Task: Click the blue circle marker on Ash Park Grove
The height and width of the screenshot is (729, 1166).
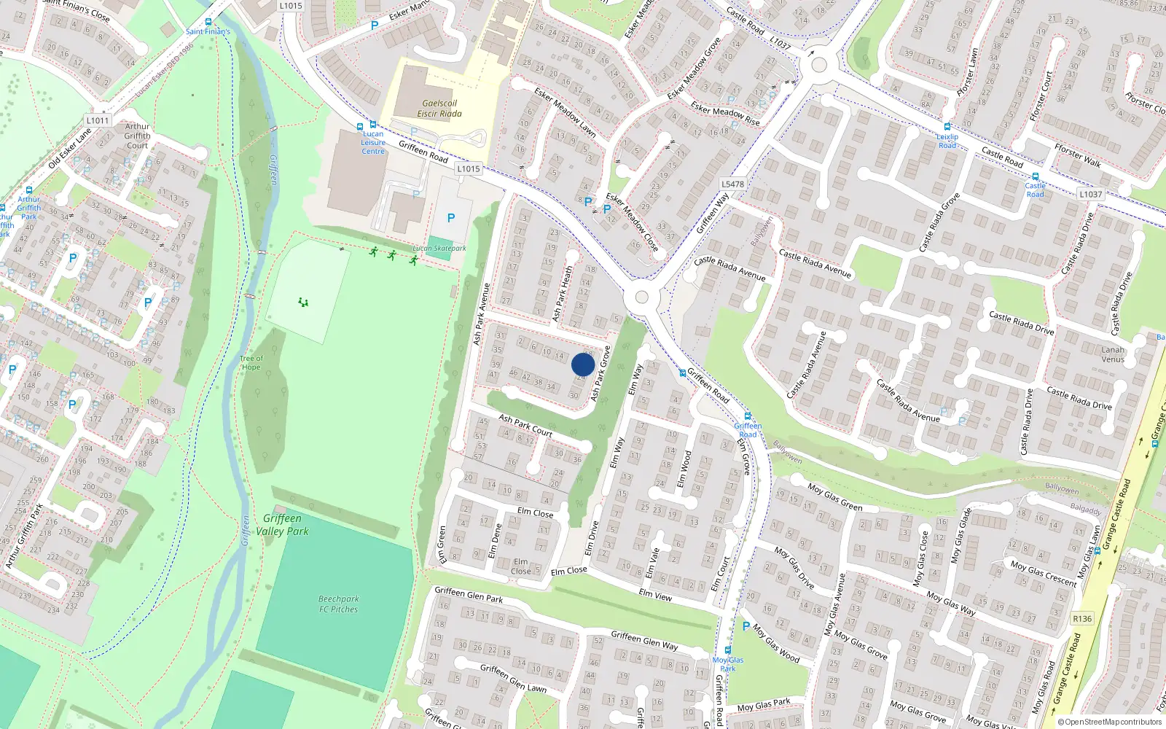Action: click(583, 364)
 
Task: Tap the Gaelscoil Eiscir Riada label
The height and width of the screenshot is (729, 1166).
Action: click(439, 108)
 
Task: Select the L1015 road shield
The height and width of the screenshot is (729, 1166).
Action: click(469, 168)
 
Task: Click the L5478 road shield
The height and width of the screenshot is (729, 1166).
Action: click(732, 184)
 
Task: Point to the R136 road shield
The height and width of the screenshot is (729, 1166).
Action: click(1082, 618)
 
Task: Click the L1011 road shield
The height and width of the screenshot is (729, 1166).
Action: click(98, 120)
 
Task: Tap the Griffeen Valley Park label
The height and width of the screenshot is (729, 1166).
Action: click(282, 524)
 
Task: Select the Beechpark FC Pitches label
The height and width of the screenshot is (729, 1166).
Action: click(338, 604)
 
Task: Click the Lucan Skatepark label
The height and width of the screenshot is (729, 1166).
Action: click(439, 248)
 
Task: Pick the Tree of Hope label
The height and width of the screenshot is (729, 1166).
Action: click(251, 362)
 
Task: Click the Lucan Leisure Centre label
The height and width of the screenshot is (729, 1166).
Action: click(373, 142)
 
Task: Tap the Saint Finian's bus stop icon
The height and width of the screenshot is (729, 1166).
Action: click(208, 22)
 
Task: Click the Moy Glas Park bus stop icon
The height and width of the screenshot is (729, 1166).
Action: click(727, 650)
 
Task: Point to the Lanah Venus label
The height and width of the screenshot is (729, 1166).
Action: click(1113, 354)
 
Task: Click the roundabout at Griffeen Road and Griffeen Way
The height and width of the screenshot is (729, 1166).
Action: click(641, 297)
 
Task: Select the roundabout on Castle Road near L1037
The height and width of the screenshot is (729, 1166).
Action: click(818, 65)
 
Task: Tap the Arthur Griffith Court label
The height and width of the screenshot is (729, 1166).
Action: click(137, 136)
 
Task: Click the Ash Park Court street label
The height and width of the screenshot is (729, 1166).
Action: click(525, 425)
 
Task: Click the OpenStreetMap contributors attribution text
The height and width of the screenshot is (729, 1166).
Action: click(1110, 722)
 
